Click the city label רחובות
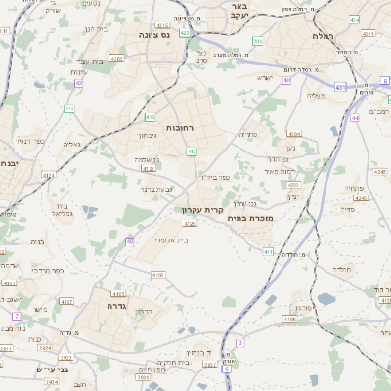point(181,128)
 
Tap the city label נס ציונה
point(153,35)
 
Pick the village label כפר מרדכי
point(47,269)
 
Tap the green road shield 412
point(192,152)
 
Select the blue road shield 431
point(339,87)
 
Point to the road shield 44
point(354,117)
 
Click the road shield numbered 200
point(258,41)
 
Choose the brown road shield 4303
point(293,184)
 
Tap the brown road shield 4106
point(290,319)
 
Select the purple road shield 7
point(16,316)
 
